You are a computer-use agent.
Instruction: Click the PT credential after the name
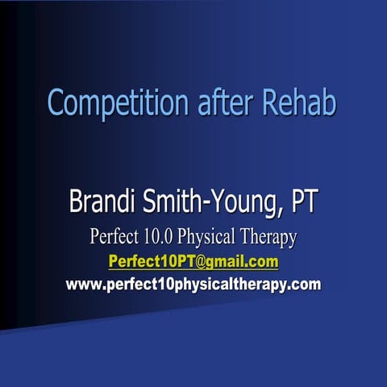304,202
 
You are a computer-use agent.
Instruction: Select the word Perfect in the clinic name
116,237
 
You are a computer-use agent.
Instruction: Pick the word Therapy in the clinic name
272,238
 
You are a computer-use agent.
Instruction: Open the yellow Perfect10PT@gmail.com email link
193,261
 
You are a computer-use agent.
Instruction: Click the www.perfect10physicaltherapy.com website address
193,284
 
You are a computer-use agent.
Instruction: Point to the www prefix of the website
80,284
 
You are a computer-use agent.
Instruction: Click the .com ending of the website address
305,284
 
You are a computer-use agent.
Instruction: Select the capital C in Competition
56,104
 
